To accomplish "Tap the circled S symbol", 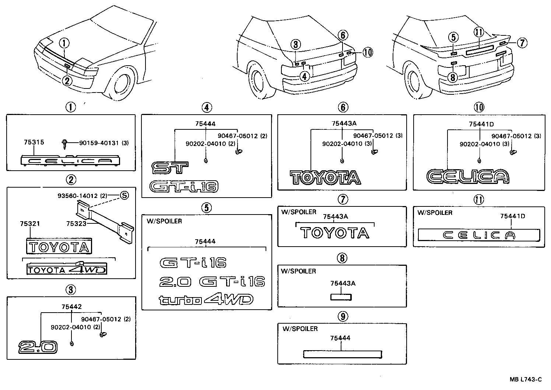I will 124,195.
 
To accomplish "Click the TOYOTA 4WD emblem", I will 67,269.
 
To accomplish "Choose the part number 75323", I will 76,223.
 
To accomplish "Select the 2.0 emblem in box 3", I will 38,347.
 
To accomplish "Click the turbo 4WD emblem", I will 206,300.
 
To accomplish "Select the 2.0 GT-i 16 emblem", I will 212,282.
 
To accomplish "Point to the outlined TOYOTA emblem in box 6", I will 325,177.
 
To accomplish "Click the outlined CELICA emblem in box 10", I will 467,177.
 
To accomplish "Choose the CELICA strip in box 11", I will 478,235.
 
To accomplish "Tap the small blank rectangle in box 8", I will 341,297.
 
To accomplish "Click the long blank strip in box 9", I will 342,354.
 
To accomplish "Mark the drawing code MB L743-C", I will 526,379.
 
